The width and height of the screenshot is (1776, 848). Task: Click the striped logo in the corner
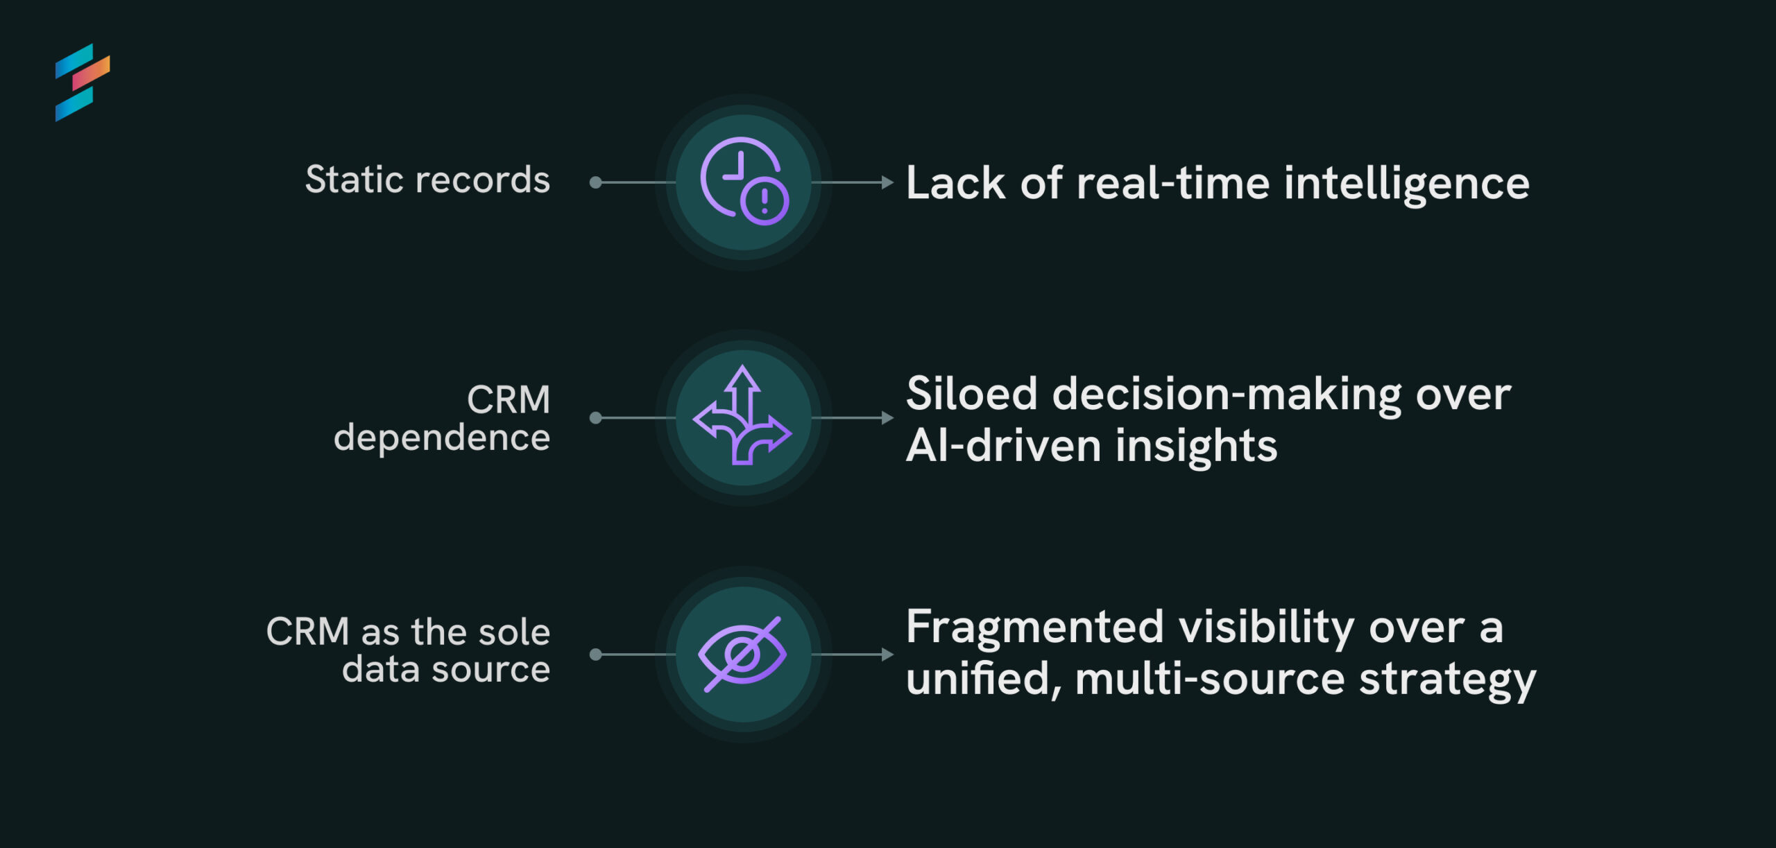pos(82,83)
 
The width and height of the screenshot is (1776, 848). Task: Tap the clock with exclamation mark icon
pos(744,181)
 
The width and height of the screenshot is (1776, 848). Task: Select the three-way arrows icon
pos(742,415)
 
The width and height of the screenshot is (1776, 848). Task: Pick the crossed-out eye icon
pos(742,654)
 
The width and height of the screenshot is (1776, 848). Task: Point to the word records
pos(483,180)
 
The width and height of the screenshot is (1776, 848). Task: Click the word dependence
pos(442,438)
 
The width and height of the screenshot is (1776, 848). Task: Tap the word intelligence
pos(1407,184)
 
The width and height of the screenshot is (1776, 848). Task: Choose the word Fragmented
pos(1035,628)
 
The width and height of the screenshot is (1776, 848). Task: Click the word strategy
pos(1448,680)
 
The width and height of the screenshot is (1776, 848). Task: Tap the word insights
pos(1197,446)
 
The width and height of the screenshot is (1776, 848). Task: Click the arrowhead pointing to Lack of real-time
pos(887,182)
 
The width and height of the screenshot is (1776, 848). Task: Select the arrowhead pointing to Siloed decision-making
pos(887,417)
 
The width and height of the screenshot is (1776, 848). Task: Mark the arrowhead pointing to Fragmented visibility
pos(887,654)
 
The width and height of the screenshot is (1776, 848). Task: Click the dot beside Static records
pos(595,182)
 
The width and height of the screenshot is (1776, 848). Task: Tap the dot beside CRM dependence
pos(595,417)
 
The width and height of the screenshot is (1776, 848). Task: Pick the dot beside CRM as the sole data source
pos(595,654)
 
